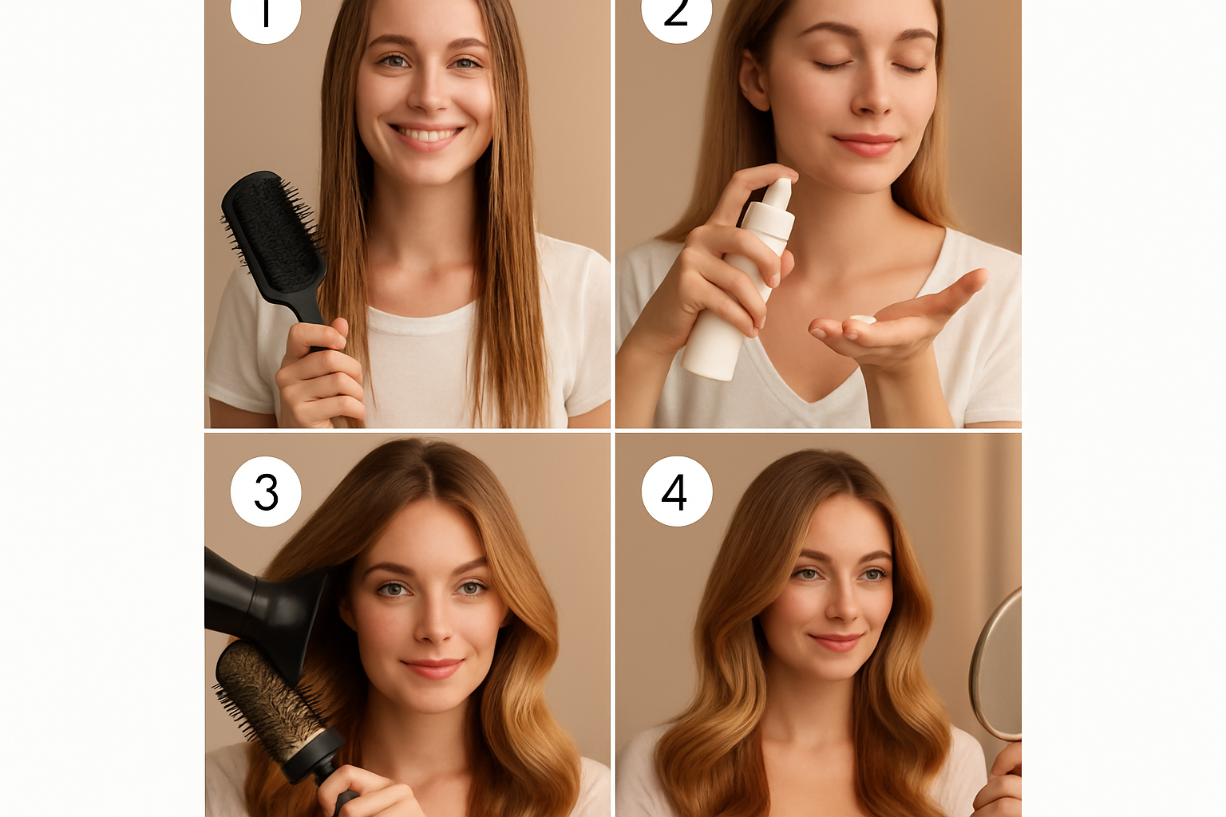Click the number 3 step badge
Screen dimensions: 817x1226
[x=266, y=491]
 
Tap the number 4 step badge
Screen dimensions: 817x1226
[x=677, y=491]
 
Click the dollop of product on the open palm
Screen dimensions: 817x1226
[x=862, y=320]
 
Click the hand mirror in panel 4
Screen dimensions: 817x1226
[x=999, y=666]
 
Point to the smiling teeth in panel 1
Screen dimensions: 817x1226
[x=426, y=135]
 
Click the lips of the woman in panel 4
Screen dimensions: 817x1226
[x=835, y=641]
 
